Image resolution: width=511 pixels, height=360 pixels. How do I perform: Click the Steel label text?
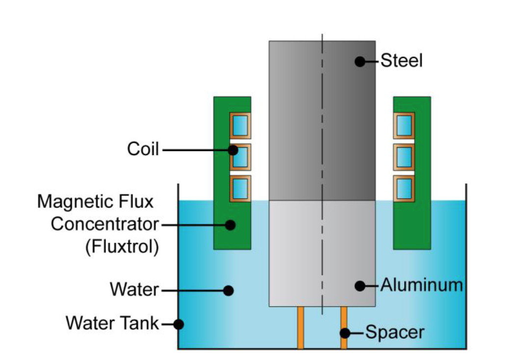click(x=401, y=62)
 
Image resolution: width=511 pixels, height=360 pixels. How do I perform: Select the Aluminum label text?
click(x=421, y=285)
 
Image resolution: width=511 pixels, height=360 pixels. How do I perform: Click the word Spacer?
click(x=395, y=333)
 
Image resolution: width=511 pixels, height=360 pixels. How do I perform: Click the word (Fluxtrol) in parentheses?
click(x=122, y=247)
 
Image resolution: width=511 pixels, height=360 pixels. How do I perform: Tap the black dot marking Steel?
click(x=360, y=62)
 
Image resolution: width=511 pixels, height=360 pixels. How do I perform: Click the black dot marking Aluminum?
click(x=360, y=285)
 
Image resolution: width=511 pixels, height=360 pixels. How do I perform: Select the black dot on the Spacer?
click(x=345, y=333)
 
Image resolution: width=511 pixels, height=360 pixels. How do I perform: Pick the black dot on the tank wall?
click(x=179, y=324)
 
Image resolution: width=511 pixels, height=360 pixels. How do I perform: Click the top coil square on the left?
click(x=240, y=125)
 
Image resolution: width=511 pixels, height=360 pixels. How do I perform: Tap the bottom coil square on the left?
click(x=240, y=188)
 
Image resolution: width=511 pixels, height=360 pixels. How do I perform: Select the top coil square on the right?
click(x=404, y=125)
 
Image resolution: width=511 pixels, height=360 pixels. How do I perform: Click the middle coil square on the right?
click(x=404, y=156)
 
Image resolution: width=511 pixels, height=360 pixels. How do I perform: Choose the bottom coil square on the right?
click(x=404, y=188)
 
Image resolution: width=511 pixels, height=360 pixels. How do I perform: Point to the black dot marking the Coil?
click(x=234, y=150)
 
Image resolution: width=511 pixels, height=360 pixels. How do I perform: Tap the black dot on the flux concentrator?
click(x=230, y=225)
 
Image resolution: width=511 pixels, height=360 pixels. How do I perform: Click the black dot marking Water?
click(x=228, y=290)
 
